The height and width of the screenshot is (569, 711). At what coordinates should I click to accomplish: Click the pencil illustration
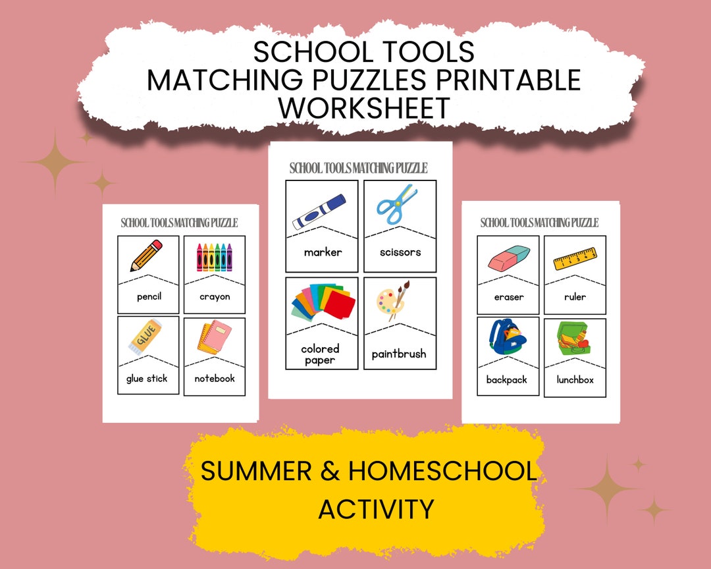click(x=147, y=256)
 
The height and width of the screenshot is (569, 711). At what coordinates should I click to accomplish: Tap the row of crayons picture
click(x=215, y=257)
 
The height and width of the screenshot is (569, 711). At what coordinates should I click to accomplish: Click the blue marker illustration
click(x=319, y=211)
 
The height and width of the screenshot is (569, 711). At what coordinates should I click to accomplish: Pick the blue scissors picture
click(x=398, y=205)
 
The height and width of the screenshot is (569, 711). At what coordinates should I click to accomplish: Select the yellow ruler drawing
click(x=575, y=258)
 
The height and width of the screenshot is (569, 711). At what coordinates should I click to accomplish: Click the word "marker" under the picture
click(x=323, y=252)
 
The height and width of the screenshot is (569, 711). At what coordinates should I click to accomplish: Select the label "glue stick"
click(x=147, y=379)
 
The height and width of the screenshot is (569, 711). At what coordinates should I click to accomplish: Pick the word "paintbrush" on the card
click(x=399, y=354)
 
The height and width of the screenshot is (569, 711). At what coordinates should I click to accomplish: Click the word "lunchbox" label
click(x=575, y=380)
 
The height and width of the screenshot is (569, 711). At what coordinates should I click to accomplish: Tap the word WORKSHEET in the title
click(x=364, y=107)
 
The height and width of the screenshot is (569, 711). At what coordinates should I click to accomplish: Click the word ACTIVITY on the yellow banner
click(x=376, y=509)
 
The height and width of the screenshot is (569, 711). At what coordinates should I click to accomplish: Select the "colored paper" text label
click(x=321, y=354)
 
